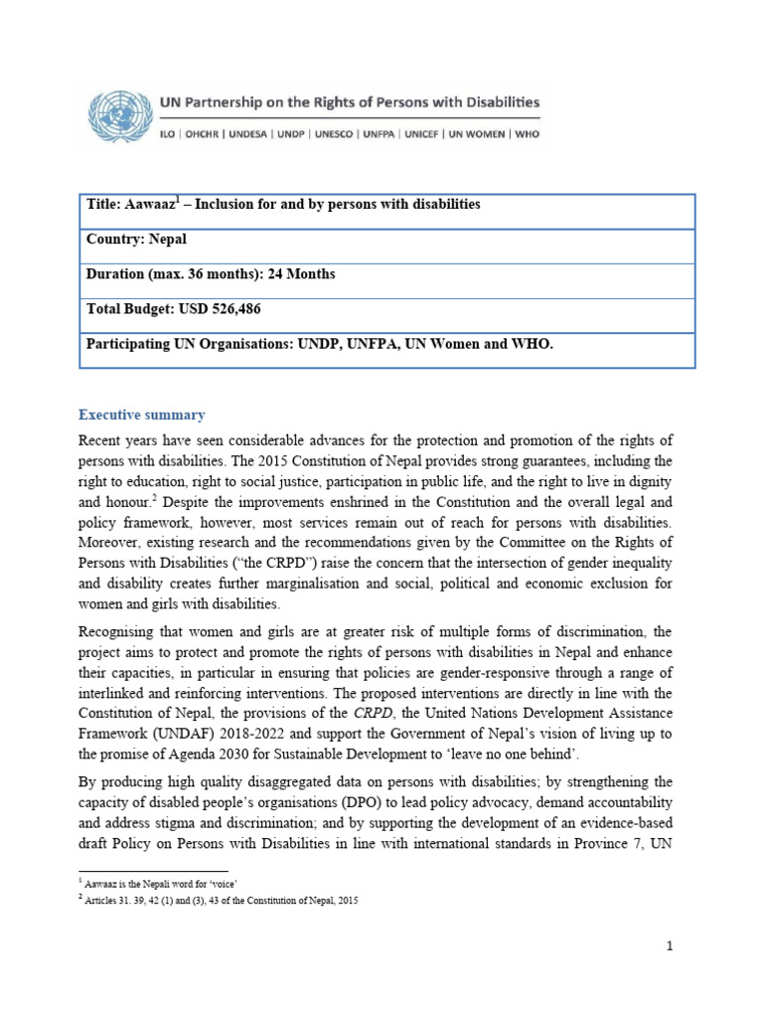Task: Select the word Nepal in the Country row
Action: click(x=166, y=240)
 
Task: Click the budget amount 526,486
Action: click(x=230, y=309)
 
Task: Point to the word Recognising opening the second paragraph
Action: click(x=122, y=632)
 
